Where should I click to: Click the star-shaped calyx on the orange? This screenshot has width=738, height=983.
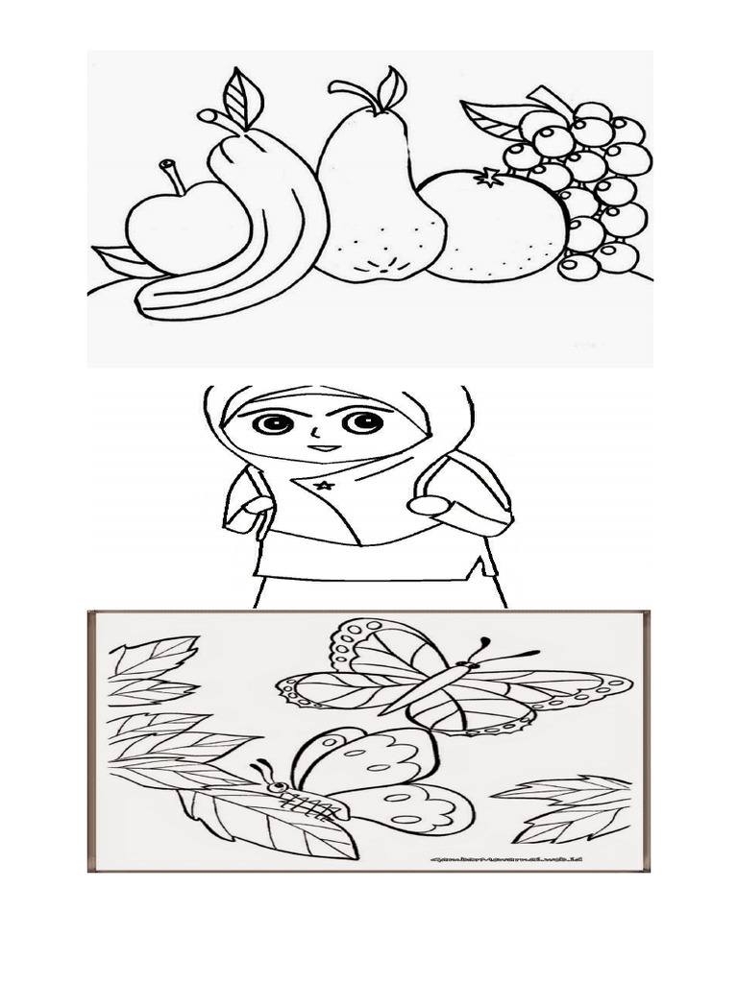[487, 178]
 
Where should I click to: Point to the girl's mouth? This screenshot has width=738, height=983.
[323, 447]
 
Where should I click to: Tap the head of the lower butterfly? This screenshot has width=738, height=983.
[276, 785]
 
